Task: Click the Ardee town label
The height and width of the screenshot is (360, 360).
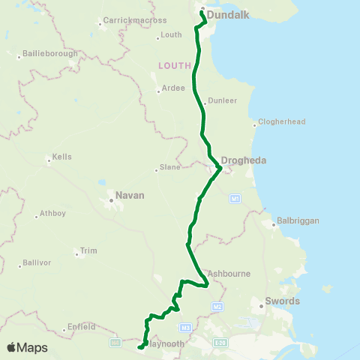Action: [174, 88]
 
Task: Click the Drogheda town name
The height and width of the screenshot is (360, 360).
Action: [244, 160]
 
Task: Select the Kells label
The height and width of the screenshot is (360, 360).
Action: [61, 158]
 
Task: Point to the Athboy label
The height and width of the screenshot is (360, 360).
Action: [52, 213]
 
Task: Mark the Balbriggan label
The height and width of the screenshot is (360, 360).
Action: [298, 221]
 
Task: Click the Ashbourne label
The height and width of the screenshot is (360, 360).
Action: [229, 274]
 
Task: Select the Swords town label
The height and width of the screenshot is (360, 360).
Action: [284, 301]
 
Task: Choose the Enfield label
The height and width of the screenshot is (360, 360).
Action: [82, 326]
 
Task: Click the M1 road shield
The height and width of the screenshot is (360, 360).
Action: [235, 199]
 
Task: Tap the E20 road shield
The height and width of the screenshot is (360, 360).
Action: [220, 342]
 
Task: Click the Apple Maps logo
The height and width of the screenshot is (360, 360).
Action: [27, 347]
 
